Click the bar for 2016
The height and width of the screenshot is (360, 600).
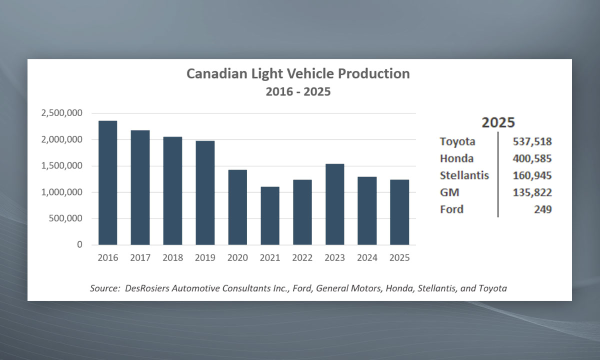107,183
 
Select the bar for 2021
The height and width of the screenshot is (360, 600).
270,216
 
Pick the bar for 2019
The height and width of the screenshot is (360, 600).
205,193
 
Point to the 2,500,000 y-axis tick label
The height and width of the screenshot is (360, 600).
62,113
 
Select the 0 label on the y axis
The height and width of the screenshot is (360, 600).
79,245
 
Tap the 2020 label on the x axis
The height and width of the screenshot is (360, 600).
237,258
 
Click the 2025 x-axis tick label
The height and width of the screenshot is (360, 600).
399,258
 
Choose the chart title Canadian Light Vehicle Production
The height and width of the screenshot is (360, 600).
298,74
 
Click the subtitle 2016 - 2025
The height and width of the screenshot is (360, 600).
298,92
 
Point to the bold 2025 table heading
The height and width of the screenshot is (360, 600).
498,123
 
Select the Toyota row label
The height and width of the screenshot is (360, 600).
457,141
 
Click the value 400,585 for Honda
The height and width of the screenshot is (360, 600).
532,159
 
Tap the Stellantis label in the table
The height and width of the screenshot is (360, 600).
464,175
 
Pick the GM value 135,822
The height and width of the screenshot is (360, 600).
532,192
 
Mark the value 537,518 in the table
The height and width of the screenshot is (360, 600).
532,141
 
